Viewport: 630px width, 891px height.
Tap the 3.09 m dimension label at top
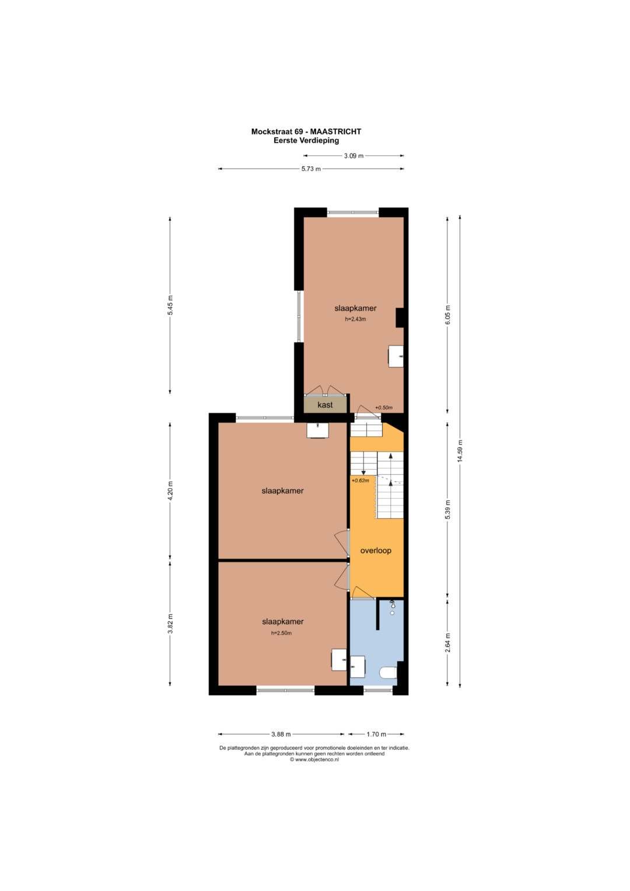tap(353, 156)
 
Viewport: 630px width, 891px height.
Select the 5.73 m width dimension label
tap(311, 169)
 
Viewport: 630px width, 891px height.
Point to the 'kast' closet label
tap(325, 405)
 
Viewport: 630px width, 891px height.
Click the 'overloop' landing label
tap(376, 550)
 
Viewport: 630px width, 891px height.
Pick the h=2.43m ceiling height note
tap(355, 319)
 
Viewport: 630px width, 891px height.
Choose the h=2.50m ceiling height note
tap(282, 633)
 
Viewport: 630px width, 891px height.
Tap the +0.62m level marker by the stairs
tap(360, 480)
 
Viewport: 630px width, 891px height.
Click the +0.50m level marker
tap(384, 408)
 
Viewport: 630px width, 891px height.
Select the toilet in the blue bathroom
tap(388, 673)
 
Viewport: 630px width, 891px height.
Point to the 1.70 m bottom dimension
tap(376, 734)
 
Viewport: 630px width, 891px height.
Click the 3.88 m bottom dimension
tap(281, 734)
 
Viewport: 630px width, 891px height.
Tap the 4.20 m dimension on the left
tap(170, 491)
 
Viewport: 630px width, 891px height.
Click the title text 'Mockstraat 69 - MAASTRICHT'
tap(306, 131)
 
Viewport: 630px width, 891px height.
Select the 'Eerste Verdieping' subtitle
tap(306, 140)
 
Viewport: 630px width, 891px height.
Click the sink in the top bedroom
tap(395, 356)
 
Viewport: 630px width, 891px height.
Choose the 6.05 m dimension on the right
tap(447, 315)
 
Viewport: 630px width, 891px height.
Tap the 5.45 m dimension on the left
tap(170, 305)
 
